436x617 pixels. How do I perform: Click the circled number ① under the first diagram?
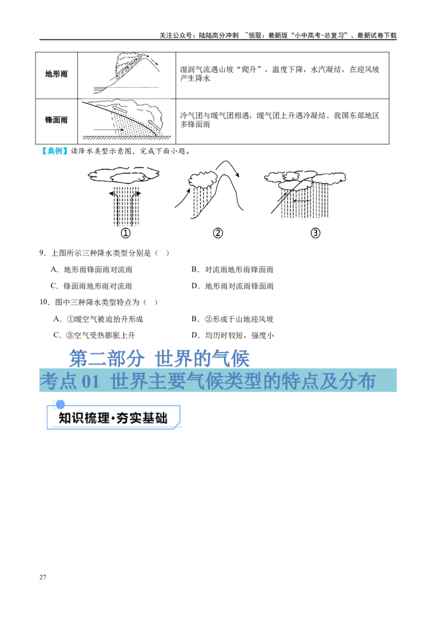pos(125,233)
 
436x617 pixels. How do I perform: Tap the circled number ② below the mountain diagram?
pos(218,233)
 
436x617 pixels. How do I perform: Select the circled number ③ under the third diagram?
pos(315,233)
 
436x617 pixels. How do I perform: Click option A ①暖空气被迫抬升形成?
pos(98,319)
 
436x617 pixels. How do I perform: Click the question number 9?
pos(42,253)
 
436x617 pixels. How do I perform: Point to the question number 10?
pos(44,302)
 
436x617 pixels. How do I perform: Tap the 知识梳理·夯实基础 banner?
pos(112,418)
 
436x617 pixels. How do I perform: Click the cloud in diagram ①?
pos(124,175)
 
